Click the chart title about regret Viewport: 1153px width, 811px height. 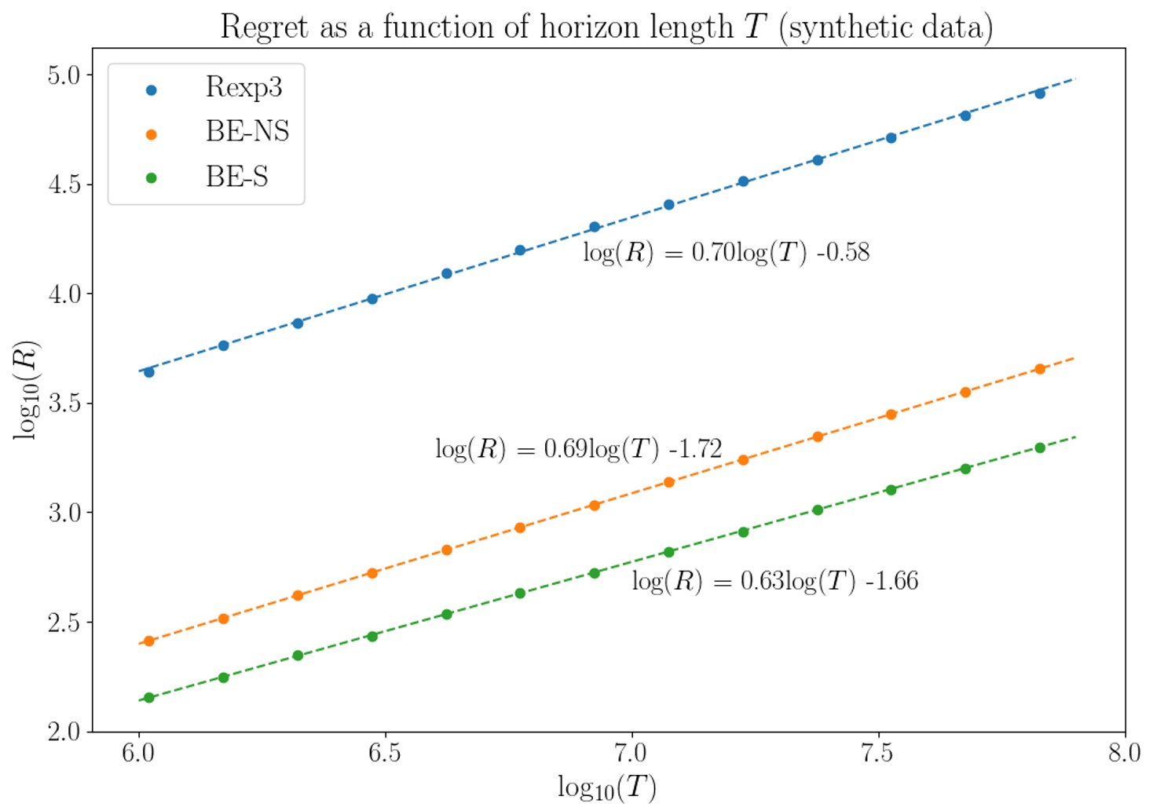point(606,27)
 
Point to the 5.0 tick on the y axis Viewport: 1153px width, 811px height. point(64,75)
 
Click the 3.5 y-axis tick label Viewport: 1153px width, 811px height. point(64,404)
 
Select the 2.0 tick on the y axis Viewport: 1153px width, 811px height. point(64,732)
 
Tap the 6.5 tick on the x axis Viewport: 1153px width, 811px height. point(385,754)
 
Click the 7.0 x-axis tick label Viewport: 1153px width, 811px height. point(631,754)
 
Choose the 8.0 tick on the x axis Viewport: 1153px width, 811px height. point(1124,754)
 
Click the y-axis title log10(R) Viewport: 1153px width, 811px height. point(26,389)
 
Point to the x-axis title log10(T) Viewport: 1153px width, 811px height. point(606,787)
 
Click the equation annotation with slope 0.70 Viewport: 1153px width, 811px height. point(726,253)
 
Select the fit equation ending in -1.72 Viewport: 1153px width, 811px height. point(578,449)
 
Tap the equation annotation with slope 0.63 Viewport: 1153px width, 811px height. point(774,581)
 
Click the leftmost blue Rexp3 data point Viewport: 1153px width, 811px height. point(149,372)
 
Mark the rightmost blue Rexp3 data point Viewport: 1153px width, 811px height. point(1040,93)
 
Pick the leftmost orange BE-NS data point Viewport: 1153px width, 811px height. point(149,641)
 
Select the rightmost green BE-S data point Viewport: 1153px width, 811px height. point(1040,448)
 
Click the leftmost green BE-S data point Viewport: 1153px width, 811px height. point(149,697)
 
